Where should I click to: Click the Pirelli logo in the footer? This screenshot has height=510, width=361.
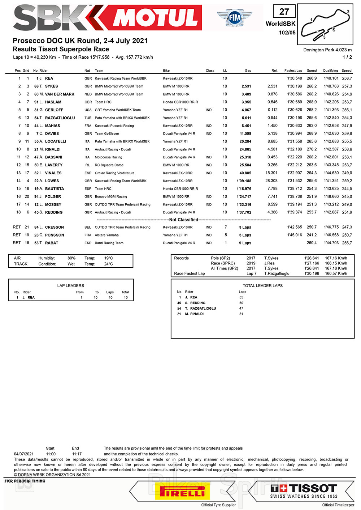pos(182,492)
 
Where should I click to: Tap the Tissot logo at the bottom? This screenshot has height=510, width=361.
pos(304,491)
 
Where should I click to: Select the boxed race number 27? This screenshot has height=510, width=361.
pos(284,12)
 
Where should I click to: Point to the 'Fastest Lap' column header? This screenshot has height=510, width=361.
pos(293,71)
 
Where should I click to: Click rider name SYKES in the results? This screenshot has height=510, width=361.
pos(51,86)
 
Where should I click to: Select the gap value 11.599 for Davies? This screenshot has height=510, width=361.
pos(245,134)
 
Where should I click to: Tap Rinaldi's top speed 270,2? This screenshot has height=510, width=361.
pos(312,149)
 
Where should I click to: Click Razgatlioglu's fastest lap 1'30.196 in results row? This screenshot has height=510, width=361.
pos(295,118)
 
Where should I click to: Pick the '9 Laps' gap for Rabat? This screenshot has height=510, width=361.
pos(245,243)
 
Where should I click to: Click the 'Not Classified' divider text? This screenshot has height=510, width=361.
pos(184,220)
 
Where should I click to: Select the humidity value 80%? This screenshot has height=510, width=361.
pos(71,258)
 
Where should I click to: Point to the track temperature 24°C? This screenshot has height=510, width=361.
pos(108,264)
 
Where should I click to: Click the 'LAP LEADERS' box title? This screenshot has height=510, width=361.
pos(70,286)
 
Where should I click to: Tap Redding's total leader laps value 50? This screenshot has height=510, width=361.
pos(241,303)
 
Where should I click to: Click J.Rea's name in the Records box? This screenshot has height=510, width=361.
pos(269,263)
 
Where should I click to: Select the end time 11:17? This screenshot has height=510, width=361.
pos(77,454)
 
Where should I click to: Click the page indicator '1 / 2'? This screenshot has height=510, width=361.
pos(347,57)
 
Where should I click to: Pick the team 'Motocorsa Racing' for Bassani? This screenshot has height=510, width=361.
pos(108,157)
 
